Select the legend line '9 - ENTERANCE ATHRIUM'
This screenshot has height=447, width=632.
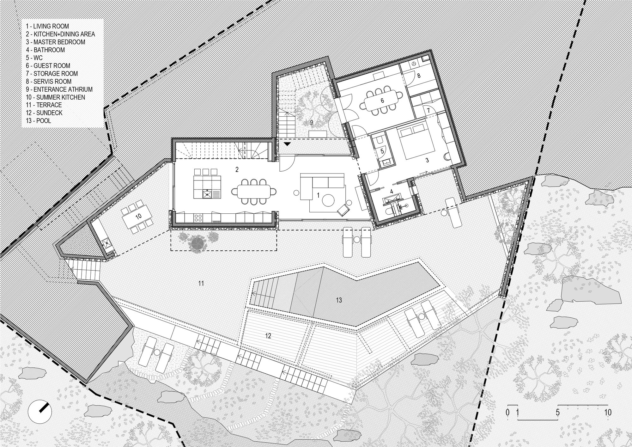[59, 89]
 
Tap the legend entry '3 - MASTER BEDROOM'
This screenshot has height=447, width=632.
[55, 42]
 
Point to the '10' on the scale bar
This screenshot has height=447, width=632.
[607, 412]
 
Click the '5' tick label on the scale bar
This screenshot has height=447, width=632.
[557, 412]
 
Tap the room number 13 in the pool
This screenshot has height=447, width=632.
[339, 300]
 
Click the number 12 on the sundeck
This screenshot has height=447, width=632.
[268, 336]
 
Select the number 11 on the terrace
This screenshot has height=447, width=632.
[201, 283]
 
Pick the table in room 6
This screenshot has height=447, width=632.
[382, 101]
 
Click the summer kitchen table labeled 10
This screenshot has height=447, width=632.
[138, 217]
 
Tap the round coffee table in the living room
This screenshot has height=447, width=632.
[328, 200]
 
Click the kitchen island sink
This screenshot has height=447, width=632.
[207, 193]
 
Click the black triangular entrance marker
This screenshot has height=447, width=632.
[287, 144]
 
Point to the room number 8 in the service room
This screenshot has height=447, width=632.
[419, 76]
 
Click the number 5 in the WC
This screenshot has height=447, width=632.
[382, 151]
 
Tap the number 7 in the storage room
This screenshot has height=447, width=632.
[428, 111]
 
